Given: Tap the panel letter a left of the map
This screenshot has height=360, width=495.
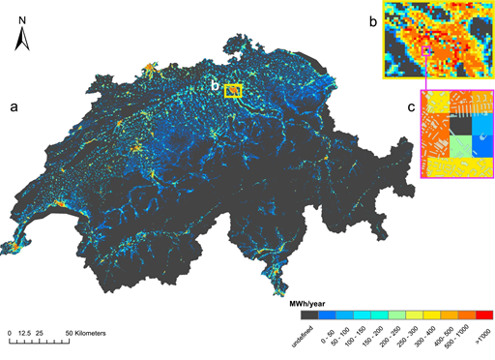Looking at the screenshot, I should [x=14, y=106].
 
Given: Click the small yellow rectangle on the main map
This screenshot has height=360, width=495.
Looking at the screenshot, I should [x=232, y=91].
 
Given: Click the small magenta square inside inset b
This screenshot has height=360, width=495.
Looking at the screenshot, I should [x=425, y=50].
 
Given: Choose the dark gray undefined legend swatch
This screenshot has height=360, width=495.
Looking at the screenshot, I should [x=309, y=314].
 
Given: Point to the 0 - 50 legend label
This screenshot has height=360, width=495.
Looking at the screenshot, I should [x=328, y=335].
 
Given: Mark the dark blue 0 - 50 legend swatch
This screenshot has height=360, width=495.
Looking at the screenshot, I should [x=326, y=314].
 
